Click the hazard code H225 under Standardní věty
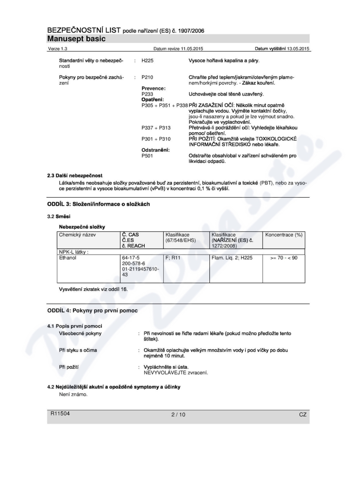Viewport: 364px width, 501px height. [x=148, y=61]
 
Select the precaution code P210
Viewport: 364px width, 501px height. [x=148, y=77]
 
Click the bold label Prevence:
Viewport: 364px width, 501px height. [x=153, y=88]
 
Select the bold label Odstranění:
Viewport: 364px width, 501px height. [x=156, y=150]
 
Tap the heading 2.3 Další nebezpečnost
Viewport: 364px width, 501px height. [x=75, y=175]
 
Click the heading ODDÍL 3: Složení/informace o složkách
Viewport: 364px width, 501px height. [x=99, y=204]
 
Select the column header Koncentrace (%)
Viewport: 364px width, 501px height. [x=283, y=234]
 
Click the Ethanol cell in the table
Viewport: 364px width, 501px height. [x=68, y=257]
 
